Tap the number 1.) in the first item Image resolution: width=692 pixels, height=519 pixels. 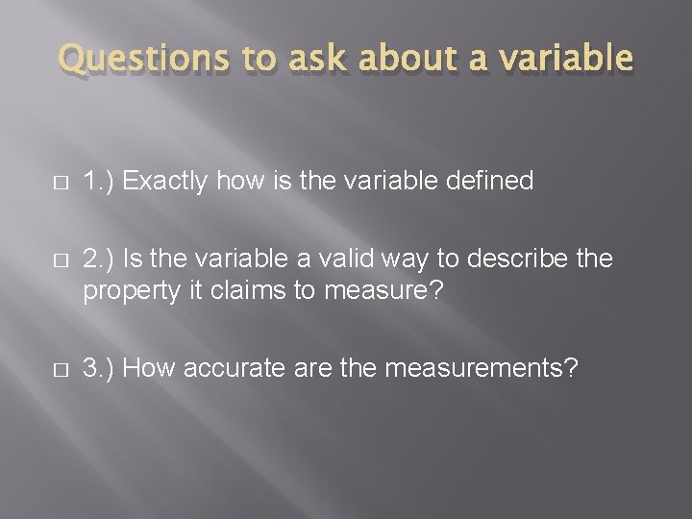pos(101,181)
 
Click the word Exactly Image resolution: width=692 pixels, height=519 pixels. pos(169,181)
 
